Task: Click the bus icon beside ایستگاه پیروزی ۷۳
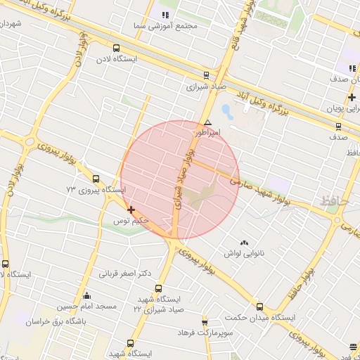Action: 96,179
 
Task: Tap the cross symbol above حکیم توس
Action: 131,210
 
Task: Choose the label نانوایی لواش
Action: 244,252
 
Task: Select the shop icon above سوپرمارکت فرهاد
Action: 205,320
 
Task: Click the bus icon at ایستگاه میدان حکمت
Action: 259,307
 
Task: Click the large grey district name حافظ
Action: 334,201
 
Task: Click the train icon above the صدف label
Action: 338,127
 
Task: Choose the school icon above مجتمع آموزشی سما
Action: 166,14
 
